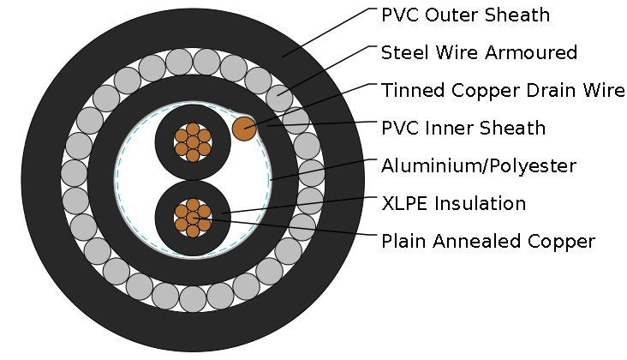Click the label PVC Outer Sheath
point(465,15)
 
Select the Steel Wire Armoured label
point(479,53)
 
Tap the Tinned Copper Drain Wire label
point(503,91)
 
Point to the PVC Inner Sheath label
point(463,129)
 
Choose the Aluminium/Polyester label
point(478,165)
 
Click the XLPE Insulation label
point(453,203)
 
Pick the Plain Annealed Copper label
point(487,241)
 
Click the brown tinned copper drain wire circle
point(244,129)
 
